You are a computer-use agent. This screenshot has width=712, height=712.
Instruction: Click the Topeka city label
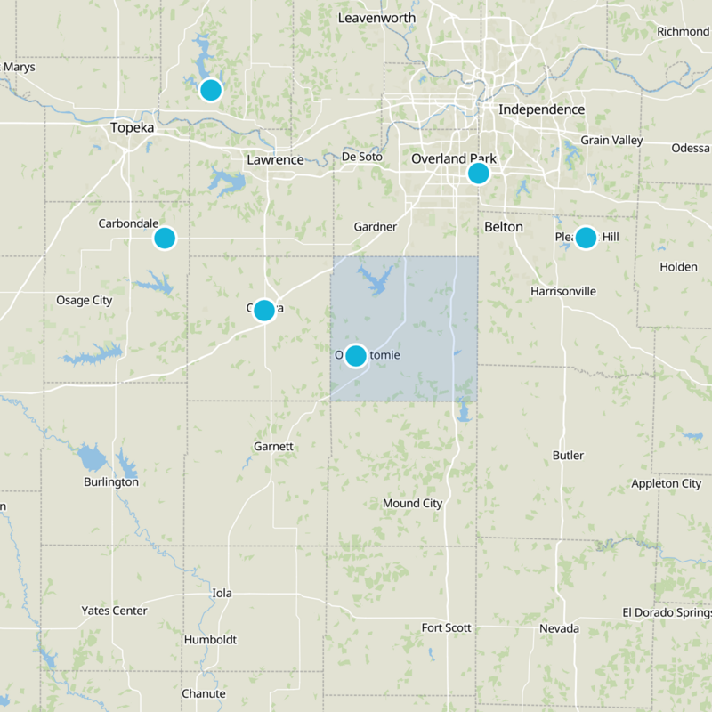tap(133, 128)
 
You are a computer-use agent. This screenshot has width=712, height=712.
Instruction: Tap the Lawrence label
tap(275, 160)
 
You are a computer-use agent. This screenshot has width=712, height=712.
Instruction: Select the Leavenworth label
tap(378, 18)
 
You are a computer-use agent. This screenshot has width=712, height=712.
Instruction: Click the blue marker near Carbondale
tap(165, 238)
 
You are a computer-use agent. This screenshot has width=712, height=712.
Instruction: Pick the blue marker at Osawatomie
tap(356, 356)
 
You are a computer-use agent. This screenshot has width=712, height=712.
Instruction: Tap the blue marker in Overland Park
tap(478, 173)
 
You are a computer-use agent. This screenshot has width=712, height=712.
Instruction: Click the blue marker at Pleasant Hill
tap(585, 238)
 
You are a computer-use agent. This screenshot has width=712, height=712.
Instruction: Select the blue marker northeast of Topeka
tap(210, 90)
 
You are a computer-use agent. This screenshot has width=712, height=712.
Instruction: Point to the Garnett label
tap(273, 446)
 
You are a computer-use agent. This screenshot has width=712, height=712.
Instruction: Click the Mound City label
tap(412, 504)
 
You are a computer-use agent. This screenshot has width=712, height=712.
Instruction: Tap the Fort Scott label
tap(446, 628)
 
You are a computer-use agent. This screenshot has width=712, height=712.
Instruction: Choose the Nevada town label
tap(559, 629)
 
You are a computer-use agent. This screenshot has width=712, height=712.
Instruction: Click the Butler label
tap(568, 456)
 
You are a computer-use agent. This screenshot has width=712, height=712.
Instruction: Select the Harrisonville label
tap(562, 291)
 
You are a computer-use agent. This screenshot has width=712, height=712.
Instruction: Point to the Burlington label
tap(111, 482)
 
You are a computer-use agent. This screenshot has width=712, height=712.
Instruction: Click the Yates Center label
tap(114, 611)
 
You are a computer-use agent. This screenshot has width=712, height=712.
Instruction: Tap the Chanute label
tap(204, 694)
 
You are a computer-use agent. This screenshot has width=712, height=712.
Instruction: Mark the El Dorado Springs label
tap(667, 612)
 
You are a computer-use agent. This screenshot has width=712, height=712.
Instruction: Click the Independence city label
tap(541, 109)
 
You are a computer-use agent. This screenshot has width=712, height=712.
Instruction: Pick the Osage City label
tap(85, 300)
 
